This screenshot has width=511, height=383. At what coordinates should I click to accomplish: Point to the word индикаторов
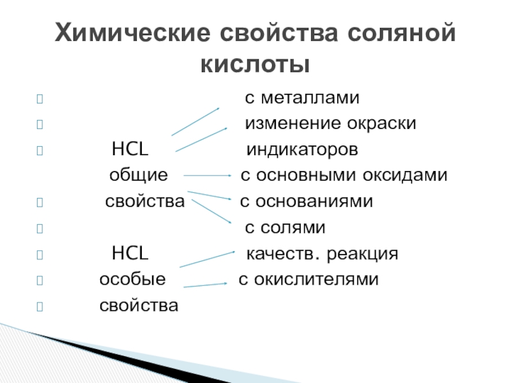[303, 150]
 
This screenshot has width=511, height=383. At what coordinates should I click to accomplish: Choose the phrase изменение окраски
[332, 124]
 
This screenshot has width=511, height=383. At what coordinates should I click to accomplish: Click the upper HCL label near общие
[130, 150]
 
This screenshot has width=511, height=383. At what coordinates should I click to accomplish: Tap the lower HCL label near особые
[130, 254]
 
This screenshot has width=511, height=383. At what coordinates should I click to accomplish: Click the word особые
[132, 280]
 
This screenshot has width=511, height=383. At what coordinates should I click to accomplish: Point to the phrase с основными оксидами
[344, 176]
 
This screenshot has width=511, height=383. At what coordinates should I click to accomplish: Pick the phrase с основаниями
[306, 202]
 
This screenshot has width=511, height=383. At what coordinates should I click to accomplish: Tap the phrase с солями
[286, 228]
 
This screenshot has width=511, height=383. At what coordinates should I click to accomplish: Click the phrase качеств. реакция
[323, 254]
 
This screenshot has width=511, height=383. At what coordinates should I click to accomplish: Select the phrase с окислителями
[309, 280]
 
